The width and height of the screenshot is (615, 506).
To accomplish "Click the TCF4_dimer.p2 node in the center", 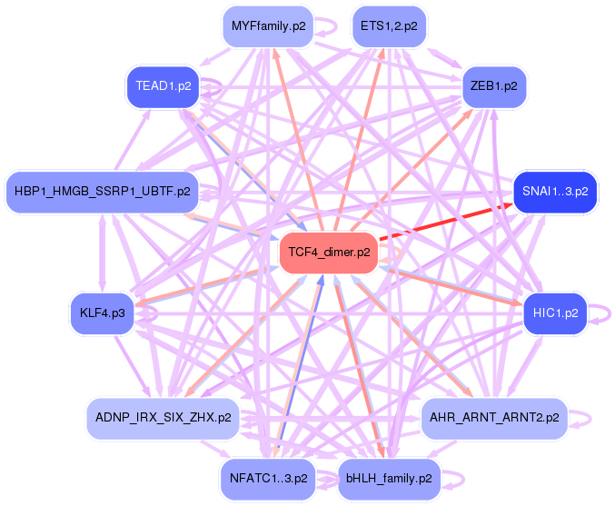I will click(329, 252).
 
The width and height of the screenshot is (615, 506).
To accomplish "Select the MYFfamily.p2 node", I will click(268, 26).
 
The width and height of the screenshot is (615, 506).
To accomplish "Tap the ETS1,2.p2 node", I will click(389, 26).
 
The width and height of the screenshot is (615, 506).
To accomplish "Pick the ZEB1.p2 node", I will click(494, 86).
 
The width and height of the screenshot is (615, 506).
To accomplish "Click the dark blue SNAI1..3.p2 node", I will click(555, 192).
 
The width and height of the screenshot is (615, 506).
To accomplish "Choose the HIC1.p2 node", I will click(551, 313).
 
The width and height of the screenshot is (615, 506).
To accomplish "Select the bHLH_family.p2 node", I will click(389, 478).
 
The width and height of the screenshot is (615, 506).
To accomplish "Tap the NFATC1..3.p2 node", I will click(268, 478).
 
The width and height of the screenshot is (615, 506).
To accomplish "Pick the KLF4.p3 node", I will click(102, 313).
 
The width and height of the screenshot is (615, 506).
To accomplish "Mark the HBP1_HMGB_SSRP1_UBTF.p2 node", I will click(102, 192).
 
